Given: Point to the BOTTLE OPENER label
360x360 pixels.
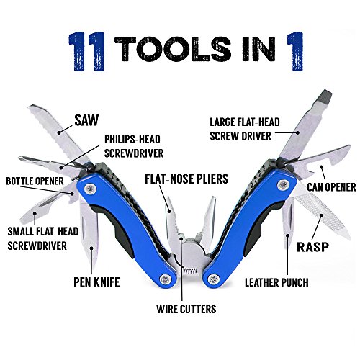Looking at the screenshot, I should pos(35,180).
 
